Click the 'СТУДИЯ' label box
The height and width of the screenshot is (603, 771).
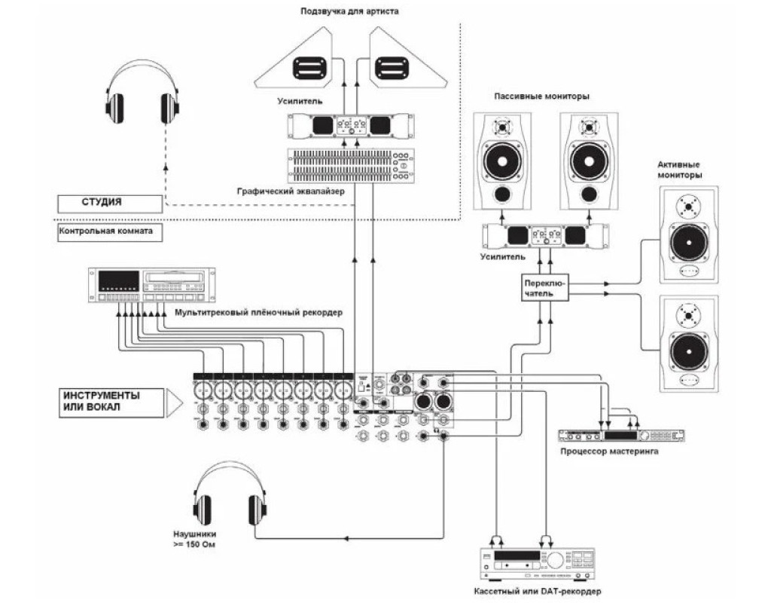pos(110,203)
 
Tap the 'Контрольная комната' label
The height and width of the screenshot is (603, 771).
pos(110,231)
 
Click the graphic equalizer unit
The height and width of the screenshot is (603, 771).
pos(349,167)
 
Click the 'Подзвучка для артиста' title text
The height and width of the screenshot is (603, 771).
pos(349,11)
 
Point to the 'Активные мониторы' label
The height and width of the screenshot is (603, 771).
pos(679,169)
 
